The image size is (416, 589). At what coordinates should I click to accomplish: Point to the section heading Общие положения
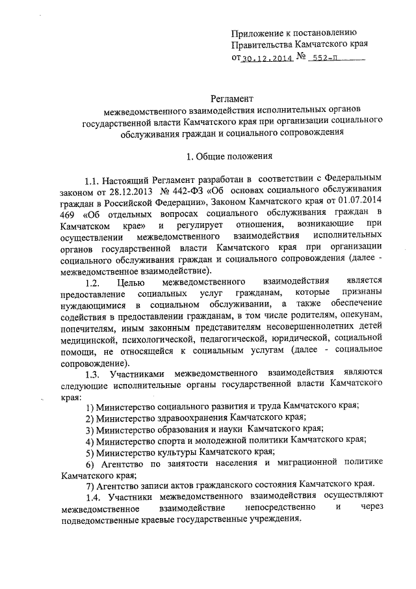(x=232, y=156)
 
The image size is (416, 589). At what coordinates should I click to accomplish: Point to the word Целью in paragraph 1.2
(x=133, y=283)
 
